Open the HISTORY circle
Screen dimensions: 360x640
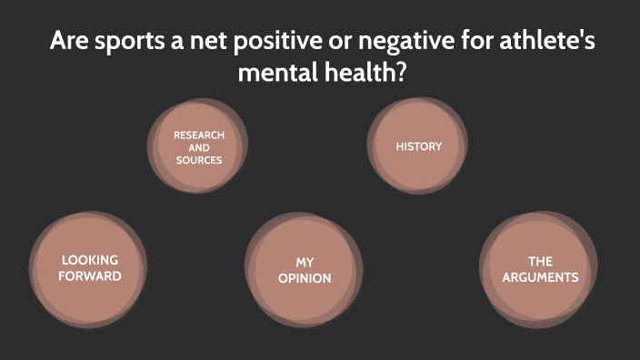coord(418,145)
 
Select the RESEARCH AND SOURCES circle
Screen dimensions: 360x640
coord(199,147)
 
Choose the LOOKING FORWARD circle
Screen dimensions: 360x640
coord(88,268)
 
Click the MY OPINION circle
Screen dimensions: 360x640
coord(304,270)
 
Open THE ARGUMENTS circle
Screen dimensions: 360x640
coord(539,269)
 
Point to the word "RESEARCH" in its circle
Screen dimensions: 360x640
coord(199,135)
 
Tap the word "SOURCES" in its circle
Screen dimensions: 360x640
coord(199,160)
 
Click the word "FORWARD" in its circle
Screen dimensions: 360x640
coord(89,275)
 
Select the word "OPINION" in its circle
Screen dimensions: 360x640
coord(304,278)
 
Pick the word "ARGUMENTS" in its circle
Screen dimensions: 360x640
coord(540,277)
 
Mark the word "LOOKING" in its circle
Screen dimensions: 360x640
coord(89,260)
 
